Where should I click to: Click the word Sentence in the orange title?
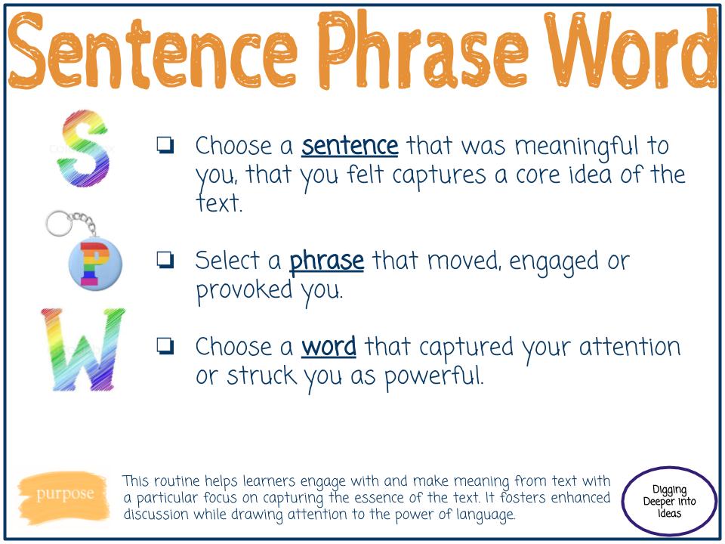point(154,51)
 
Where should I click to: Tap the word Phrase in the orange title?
point(417,51)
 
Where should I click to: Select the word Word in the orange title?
point(627,51)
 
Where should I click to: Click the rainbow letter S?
point(83,149)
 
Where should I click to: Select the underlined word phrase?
point(326,261)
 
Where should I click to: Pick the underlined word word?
point(329,347)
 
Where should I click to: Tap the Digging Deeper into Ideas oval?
point(669,501)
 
